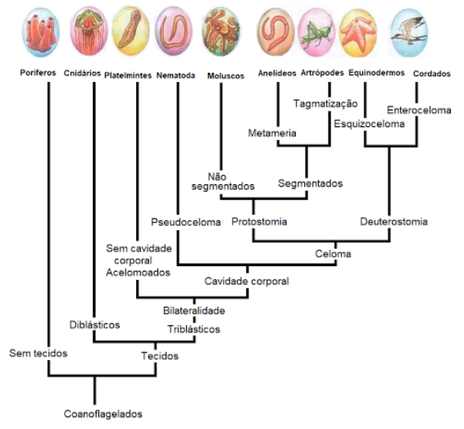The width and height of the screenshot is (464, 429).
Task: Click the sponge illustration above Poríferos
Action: pos(41,33)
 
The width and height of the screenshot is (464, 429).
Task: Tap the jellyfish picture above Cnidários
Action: pos(89,31)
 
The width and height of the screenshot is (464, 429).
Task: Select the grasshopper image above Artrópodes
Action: pos(316,32)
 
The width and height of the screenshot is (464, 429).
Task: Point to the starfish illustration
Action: pos(358,33)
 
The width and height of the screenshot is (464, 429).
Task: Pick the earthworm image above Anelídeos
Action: pos(275,32)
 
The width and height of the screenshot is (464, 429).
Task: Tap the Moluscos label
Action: pos(225,76)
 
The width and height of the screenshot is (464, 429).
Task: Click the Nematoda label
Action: pos(175,75)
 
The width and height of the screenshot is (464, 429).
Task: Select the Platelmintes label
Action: pos(128,75)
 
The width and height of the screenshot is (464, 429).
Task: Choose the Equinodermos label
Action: pos(376,73)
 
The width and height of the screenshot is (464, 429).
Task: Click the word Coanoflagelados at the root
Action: pos(103,414)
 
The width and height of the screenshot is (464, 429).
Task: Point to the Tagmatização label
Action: pos(325,104)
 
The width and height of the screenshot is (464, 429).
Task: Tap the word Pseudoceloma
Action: pos(186,222)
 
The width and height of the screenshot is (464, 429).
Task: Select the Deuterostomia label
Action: pos(393,222)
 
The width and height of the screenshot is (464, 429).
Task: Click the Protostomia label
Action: pos(259,222)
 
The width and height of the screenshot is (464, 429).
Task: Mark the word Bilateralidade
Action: pos(194,310)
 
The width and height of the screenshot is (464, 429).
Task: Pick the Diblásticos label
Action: pos(95,325)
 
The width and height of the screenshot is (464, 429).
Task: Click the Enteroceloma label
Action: pos(419,111)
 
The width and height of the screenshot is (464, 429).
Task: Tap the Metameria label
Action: pos(272,133)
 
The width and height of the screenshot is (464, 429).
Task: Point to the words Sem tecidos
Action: pos(39,353)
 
